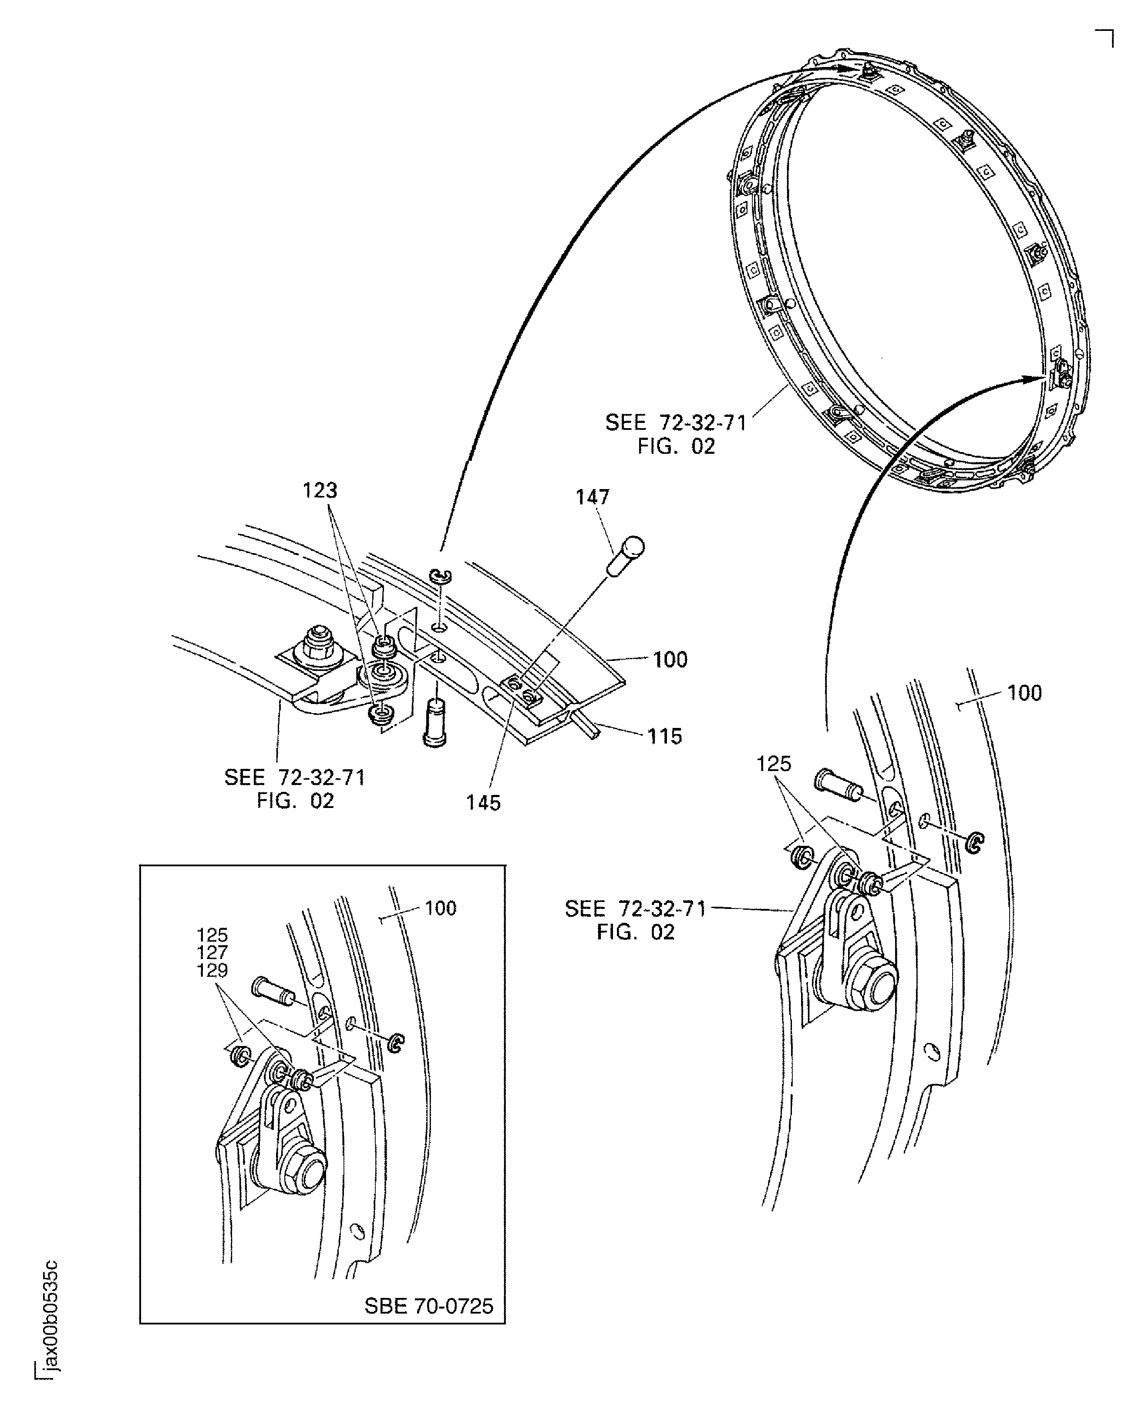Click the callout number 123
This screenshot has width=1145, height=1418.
(x=320, y=490)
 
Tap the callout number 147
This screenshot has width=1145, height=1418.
(x=592, y=497)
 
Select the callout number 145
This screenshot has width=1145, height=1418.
(x=483, y=802)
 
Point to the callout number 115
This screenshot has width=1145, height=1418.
(x=664, y=736)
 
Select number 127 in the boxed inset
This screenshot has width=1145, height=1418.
(x=212, y=952)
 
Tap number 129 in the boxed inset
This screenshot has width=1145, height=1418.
(x=212, y=970)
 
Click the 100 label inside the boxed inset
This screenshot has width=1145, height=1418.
(x=441, y=908)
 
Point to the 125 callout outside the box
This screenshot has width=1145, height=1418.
(x=773, y=764)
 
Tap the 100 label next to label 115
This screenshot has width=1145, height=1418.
(x=670, y=660)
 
